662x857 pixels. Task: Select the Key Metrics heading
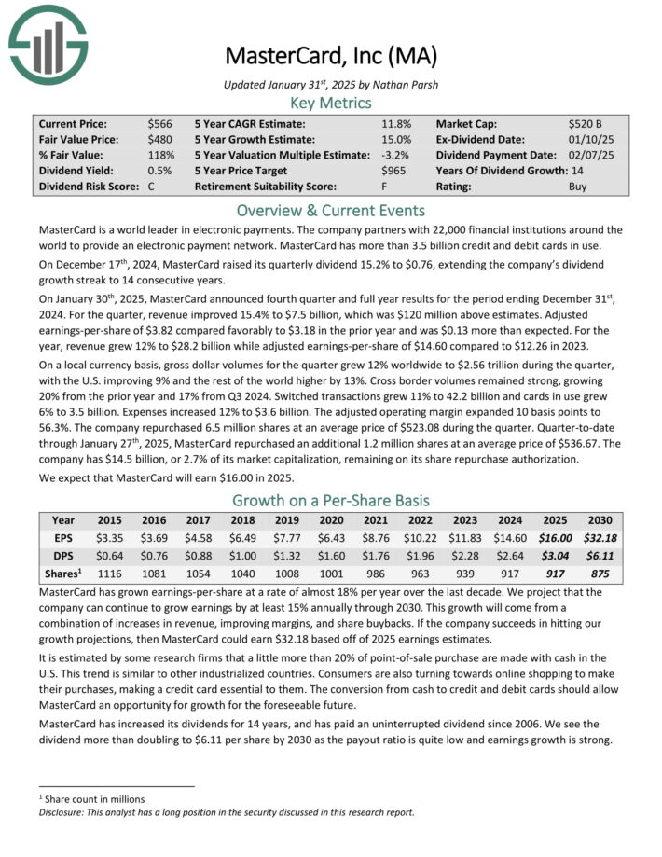[331, 103]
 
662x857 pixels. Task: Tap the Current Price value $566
[159, 123]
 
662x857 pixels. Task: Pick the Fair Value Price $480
[159, 139]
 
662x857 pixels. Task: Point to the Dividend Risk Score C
[152, 187]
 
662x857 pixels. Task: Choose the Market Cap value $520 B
[586, 123]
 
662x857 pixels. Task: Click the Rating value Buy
[578, 187]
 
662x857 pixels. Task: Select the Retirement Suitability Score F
[385, 187]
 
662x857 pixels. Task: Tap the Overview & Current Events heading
[331, 210]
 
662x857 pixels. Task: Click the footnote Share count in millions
[92, 798]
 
